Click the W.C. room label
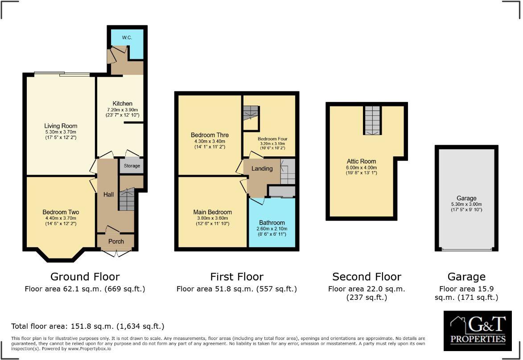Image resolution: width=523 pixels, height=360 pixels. point(127,37)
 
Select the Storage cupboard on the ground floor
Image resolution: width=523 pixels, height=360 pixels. point(132,166)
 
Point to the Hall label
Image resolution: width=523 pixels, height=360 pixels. point(108,194)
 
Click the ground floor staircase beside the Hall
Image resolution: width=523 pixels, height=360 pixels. point(127,199)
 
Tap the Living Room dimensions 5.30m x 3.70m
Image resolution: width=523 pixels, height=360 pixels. point(61,132)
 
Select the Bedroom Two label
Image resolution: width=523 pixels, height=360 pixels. point(61,212)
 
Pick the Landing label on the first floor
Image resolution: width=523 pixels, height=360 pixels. point(262,168)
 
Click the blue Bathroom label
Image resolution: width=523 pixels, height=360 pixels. point(272,222)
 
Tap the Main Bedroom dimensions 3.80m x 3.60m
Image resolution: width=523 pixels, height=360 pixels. point(212,218)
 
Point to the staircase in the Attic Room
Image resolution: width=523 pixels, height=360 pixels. point(372,120)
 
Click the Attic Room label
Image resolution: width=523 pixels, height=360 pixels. point(361,161)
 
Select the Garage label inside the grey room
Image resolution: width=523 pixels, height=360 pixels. point(466,198)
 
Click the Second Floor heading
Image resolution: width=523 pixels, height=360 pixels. point(367,277)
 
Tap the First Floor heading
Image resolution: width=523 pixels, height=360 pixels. point(236,277)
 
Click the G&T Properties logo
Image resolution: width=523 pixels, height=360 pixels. point(478,331)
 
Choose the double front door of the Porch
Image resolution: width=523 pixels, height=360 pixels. point(115,253)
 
